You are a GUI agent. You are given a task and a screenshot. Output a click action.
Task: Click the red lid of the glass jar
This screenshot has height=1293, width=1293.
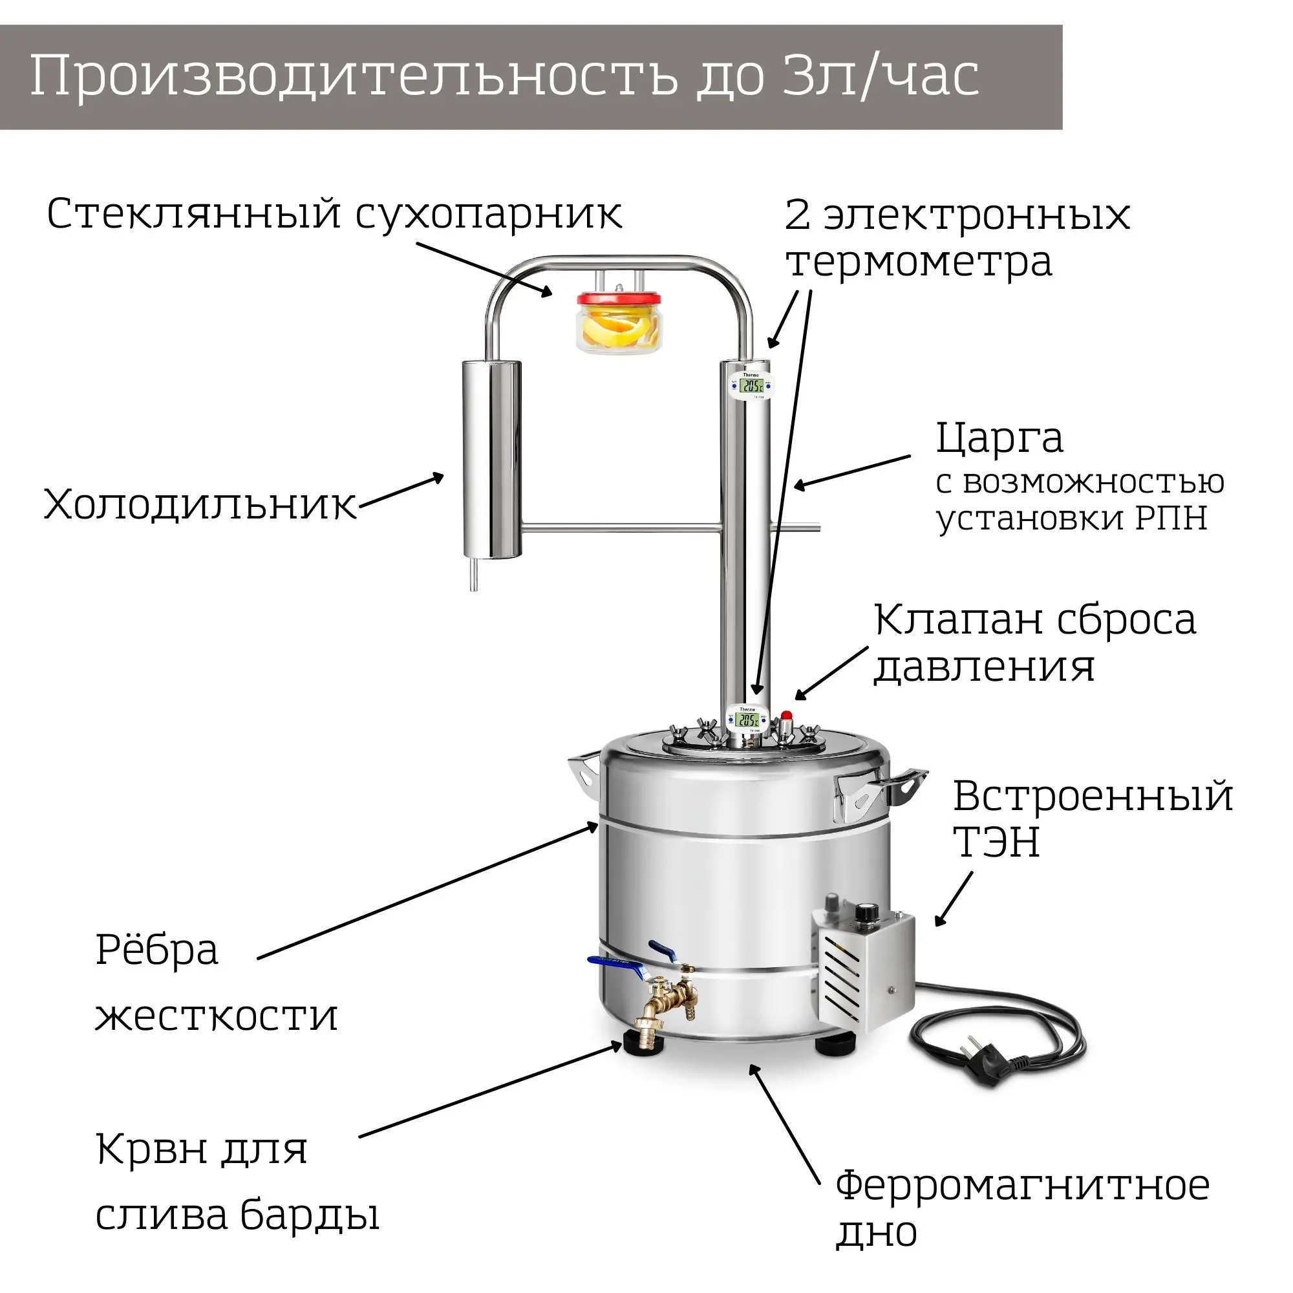(x=619, y=299)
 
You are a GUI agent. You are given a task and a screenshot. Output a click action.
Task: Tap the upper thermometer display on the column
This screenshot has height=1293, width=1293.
(x=752, y=386)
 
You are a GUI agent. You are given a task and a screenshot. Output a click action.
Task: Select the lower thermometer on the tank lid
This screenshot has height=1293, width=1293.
(x=747, y=720)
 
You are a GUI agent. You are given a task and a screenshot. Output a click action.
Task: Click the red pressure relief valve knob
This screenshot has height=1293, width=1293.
(x=786, y=715)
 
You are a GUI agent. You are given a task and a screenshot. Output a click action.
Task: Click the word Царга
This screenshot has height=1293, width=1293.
(x=999, y=439)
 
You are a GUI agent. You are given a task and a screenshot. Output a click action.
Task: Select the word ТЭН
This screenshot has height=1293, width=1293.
(x=996, y=842)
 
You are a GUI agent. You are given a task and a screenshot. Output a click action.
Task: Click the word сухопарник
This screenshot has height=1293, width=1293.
(x=489, y=215)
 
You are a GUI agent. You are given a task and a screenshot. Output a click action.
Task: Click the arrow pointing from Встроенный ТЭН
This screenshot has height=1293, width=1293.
(x=954, y=899)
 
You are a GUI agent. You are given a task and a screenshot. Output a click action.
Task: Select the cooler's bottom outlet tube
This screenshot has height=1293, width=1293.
(x=474, y=575)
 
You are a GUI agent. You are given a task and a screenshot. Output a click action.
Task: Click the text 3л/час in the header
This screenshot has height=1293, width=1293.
(x=880, y=76)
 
